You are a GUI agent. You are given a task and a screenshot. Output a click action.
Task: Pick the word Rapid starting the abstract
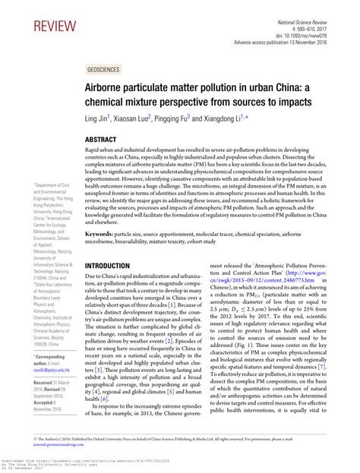click(93, 153)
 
